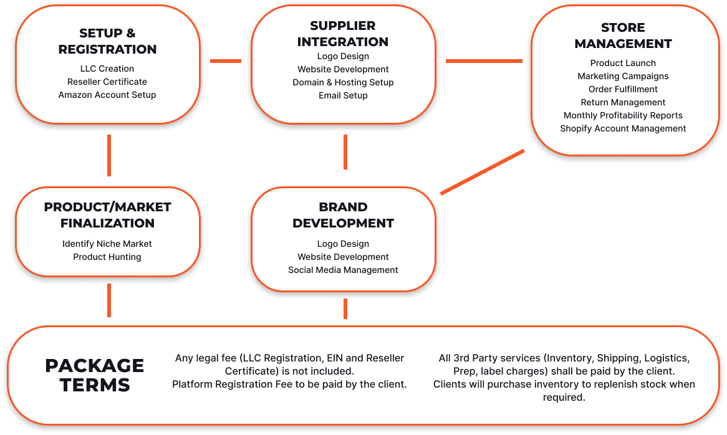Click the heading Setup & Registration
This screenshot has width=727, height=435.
(107, 41)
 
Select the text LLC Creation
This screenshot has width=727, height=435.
(107, 69)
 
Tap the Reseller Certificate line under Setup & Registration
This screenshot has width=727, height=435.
(107, 82)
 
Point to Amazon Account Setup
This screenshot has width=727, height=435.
(107, 95)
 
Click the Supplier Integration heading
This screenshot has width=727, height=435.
(343, 34)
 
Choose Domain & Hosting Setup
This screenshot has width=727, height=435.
(343, 82)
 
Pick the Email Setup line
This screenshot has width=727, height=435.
(343, 95)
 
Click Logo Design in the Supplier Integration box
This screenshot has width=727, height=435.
(343, 56)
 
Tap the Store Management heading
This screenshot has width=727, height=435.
(623, 36)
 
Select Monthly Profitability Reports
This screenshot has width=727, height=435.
(623, 115)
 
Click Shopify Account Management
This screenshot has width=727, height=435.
(623, 128)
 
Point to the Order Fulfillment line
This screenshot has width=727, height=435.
(623, 89)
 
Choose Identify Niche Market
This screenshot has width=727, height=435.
(107, 244)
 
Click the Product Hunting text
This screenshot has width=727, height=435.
(107, 257)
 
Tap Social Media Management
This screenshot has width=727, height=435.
(343, 270)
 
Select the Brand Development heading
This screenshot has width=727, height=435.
(343, 215)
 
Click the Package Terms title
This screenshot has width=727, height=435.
(95, 375)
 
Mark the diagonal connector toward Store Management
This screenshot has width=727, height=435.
(482, 172)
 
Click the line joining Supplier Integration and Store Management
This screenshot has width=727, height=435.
(484, 60)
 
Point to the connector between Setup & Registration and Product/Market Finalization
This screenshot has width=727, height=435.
(109, 155)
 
